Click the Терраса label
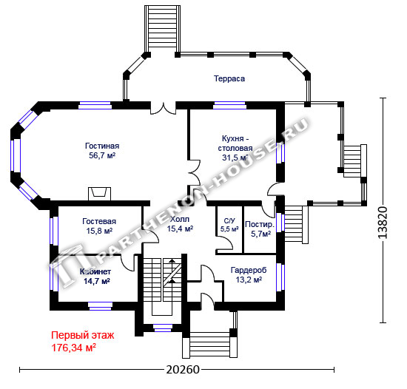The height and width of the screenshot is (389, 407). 229,78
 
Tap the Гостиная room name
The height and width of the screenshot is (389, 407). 102,146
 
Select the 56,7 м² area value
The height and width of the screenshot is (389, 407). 102,155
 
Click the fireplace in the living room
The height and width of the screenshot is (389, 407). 99,194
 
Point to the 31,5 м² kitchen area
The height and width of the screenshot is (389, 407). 235,158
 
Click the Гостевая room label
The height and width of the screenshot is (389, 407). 99,221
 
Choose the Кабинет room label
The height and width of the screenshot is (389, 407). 95,271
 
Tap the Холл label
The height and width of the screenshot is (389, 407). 180,219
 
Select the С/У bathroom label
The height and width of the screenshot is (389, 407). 229,220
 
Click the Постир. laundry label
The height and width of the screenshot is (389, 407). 259,224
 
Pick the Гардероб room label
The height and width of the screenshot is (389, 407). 249,270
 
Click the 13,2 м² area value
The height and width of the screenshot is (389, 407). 249,280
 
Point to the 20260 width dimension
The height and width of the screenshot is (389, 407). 183,370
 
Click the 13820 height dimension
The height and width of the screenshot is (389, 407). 383,223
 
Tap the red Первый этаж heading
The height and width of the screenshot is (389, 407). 83,335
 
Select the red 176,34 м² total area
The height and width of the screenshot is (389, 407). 74,348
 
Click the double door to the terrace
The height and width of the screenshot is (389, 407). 164,108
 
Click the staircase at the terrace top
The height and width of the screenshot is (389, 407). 163,29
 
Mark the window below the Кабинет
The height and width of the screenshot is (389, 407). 100,306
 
